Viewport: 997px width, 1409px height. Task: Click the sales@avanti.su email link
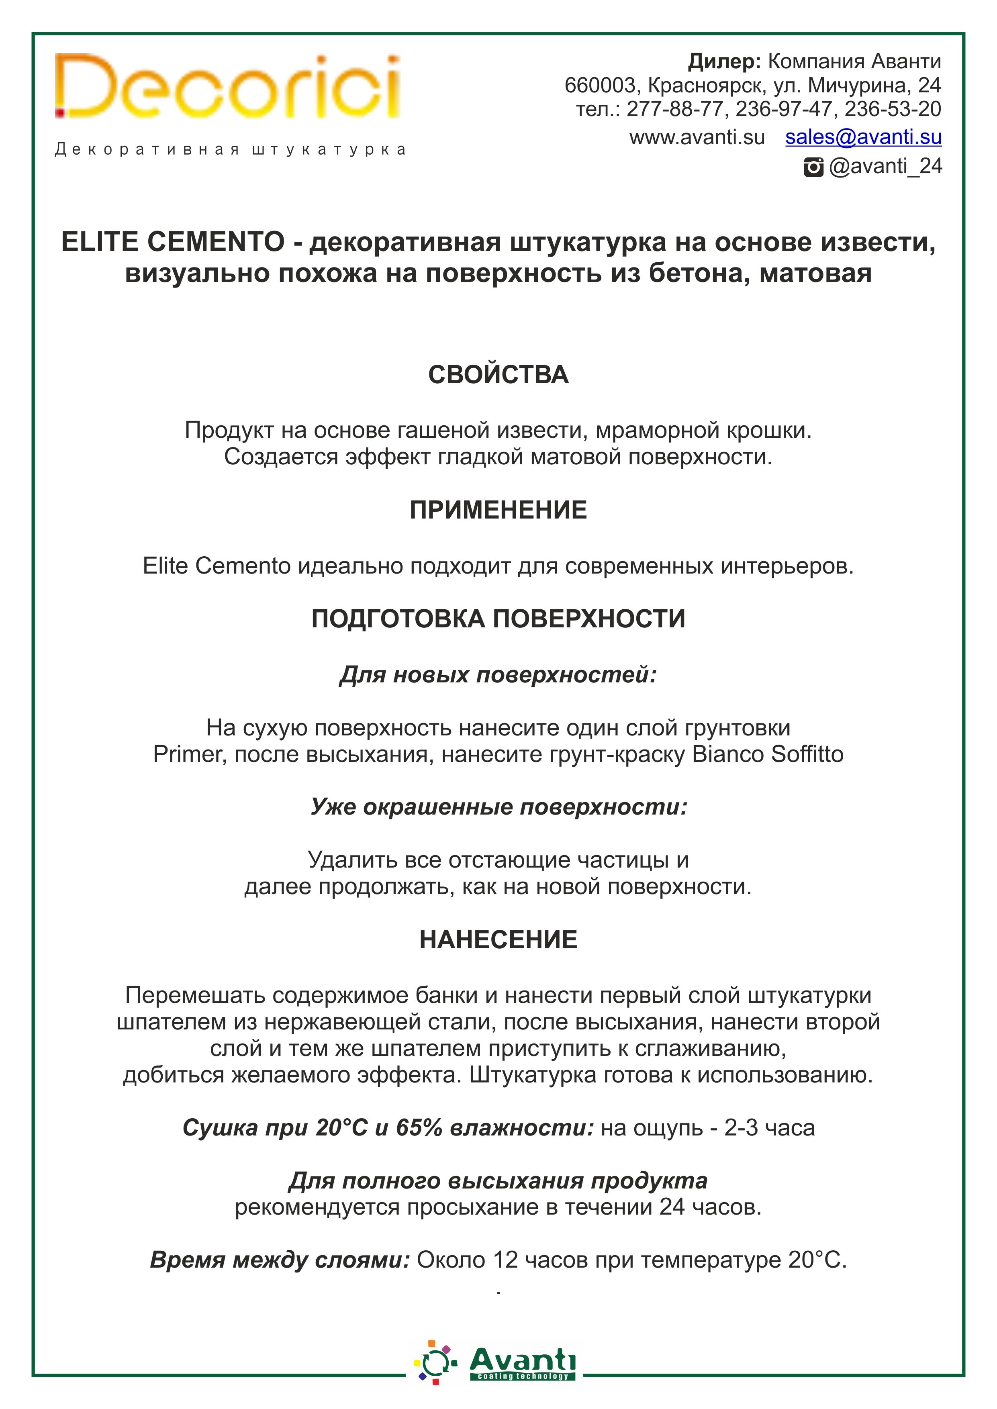click(863, 137)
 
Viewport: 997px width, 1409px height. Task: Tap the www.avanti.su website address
click(697, 137)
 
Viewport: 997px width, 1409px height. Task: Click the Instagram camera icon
click(813, 167)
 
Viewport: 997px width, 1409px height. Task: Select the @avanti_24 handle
click(885, 166)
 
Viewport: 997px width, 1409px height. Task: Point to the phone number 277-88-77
click(674, 109)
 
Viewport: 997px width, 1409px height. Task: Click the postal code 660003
click(599, 85)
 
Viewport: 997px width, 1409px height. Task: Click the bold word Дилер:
click(724, 61)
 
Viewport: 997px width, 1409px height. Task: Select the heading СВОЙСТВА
click(498, 375)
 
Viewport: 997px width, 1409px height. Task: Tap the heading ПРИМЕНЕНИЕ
click(498, 511)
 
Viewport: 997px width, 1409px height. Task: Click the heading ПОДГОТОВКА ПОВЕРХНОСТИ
click(498, 619)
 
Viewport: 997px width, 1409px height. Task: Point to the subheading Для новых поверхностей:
click(498, 675)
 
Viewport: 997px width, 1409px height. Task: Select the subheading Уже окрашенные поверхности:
click(498, 807)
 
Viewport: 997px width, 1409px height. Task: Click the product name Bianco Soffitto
click(767, 754)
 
